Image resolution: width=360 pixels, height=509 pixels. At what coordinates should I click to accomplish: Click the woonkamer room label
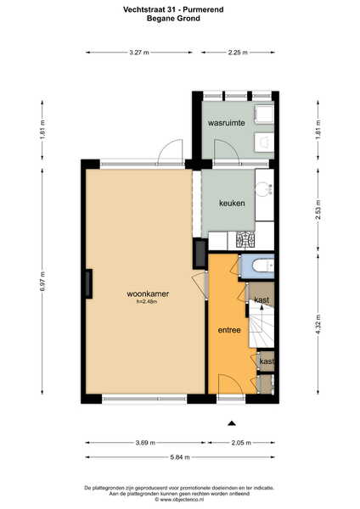pyautogui.click(x=148, y=294)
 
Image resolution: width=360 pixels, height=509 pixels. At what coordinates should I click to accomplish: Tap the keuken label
pyautogui.click(x=232, y=204)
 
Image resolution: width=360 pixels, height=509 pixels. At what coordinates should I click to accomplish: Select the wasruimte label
pyautogui.click(x=227, y=123)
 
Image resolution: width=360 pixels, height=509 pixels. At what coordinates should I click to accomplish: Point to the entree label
pyautogui.click(x=229, y=330)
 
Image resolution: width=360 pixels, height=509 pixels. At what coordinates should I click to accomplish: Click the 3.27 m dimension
pyautogui.click(x=139, y=53)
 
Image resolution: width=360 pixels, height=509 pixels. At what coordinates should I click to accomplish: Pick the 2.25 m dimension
pyautogui.click(x=238, y=53)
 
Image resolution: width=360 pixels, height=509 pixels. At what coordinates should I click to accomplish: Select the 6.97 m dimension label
pyautogui.click(x=42, y=281)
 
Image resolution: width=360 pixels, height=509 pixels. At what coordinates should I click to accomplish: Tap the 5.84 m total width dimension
pyautogui.click(x=180, y=457)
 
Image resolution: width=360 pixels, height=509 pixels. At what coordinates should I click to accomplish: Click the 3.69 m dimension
pyautogui.click(x=145, y=443)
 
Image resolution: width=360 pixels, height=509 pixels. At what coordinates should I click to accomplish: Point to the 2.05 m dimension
pyautogui.click(x=241, y=443)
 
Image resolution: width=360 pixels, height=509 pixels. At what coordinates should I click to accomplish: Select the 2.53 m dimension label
pyautogui.click(x=318, y=210)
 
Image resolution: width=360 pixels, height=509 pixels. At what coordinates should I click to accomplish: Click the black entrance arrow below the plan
pyautogui.click(x=231, y=423)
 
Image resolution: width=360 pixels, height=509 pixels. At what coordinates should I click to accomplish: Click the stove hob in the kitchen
pyautogui.click(x=245, y=241)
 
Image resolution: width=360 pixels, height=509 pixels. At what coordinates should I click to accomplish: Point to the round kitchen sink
pyautogui.click(x=264, y=188)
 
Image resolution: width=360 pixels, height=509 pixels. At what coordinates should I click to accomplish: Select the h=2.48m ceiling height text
pyautogui.click(x=148, y=302)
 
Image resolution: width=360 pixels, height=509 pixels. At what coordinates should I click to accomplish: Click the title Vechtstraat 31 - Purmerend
pyautogui.click(x=173, y=9)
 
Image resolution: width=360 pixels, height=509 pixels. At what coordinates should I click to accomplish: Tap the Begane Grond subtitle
pyautogui.click(x=173, y=18)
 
